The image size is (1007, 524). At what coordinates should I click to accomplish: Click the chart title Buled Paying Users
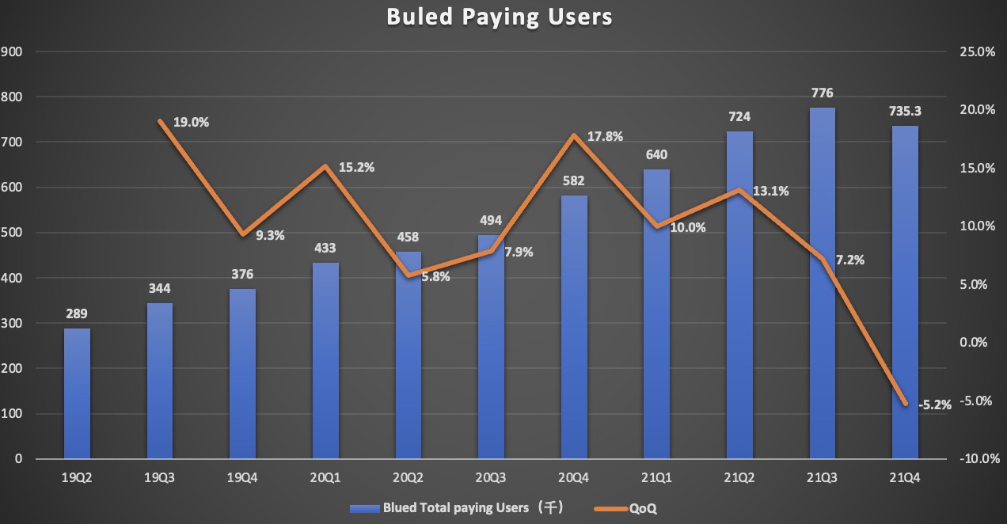pos(500,17)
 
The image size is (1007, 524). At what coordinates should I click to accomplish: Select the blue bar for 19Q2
pos(77,393)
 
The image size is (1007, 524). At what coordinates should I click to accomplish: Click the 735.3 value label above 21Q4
pos(904,112)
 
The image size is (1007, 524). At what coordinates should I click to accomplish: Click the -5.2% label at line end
pos(935,404)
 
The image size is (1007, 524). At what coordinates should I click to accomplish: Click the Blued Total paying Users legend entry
pos(459,508)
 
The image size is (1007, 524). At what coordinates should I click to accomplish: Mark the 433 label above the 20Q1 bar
pos(325,248)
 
